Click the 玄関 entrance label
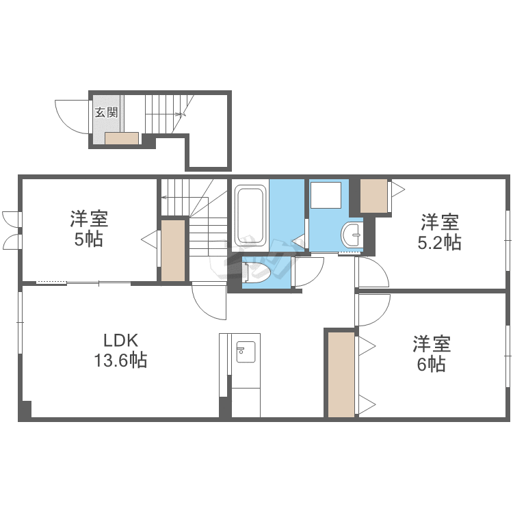pyautogui.click(x=106, y=113)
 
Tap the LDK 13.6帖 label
pyautogui.click(x=120, y=351)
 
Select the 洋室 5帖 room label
pyautogui.click(x=89, y=229)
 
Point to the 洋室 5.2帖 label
pyautogui.click(x=439, y=232)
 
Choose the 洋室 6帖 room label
pyautogui.click(x=432, y=354)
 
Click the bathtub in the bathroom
pyautogui.click(x=250, y=215)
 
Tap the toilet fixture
pyautogui.click(x=256, y=272)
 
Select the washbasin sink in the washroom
pyautogui.click(x=352, y=235)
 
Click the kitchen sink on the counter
pyautogui.click(x=246, y=352)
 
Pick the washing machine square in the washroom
pyautogui.click(x=326, y=195)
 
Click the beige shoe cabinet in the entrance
pyautogui.click(x=122, y=138)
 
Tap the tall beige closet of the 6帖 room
pyautogui.click(x=341, y=375)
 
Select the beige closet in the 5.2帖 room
pyautogui.click(x=373, y=196)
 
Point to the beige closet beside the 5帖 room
pyautogui.click(x=173, y=250)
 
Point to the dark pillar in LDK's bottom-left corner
pyautogui.click(x=25, y=409)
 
